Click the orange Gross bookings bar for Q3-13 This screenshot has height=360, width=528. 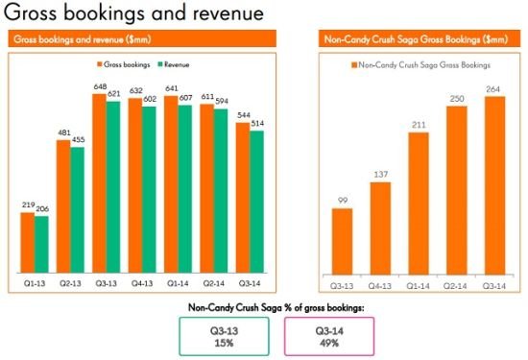(99, 183)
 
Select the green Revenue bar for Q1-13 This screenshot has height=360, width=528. (41, 245)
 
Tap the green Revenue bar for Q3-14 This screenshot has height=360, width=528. (257, 202)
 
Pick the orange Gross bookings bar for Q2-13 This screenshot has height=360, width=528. (63, 206)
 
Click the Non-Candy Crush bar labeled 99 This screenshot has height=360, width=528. (342, 242)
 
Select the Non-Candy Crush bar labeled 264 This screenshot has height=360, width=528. (495, 185)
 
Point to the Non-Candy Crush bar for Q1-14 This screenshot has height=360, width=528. (419, 204)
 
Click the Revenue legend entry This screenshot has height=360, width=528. (174, 64)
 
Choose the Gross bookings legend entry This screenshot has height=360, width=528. (124, 64)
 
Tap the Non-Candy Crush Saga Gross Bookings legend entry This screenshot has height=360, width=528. (420, 65)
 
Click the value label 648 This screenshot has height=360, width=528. (101, 87)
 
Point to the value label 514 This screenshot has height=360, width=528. (257, 123)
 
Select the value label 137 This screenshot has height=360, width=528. (381, 174)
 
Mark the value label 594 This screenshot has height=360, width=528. (222, 101)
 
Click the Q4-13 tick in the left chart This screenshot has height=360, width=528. (142, 283)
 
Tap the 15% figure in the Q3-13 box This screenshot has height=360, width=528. (225, 343)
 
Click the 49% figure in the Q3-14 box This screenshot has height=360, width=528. (329, 343)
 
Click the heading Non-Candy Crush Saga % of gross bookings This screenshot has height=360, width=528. (276, 307)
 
